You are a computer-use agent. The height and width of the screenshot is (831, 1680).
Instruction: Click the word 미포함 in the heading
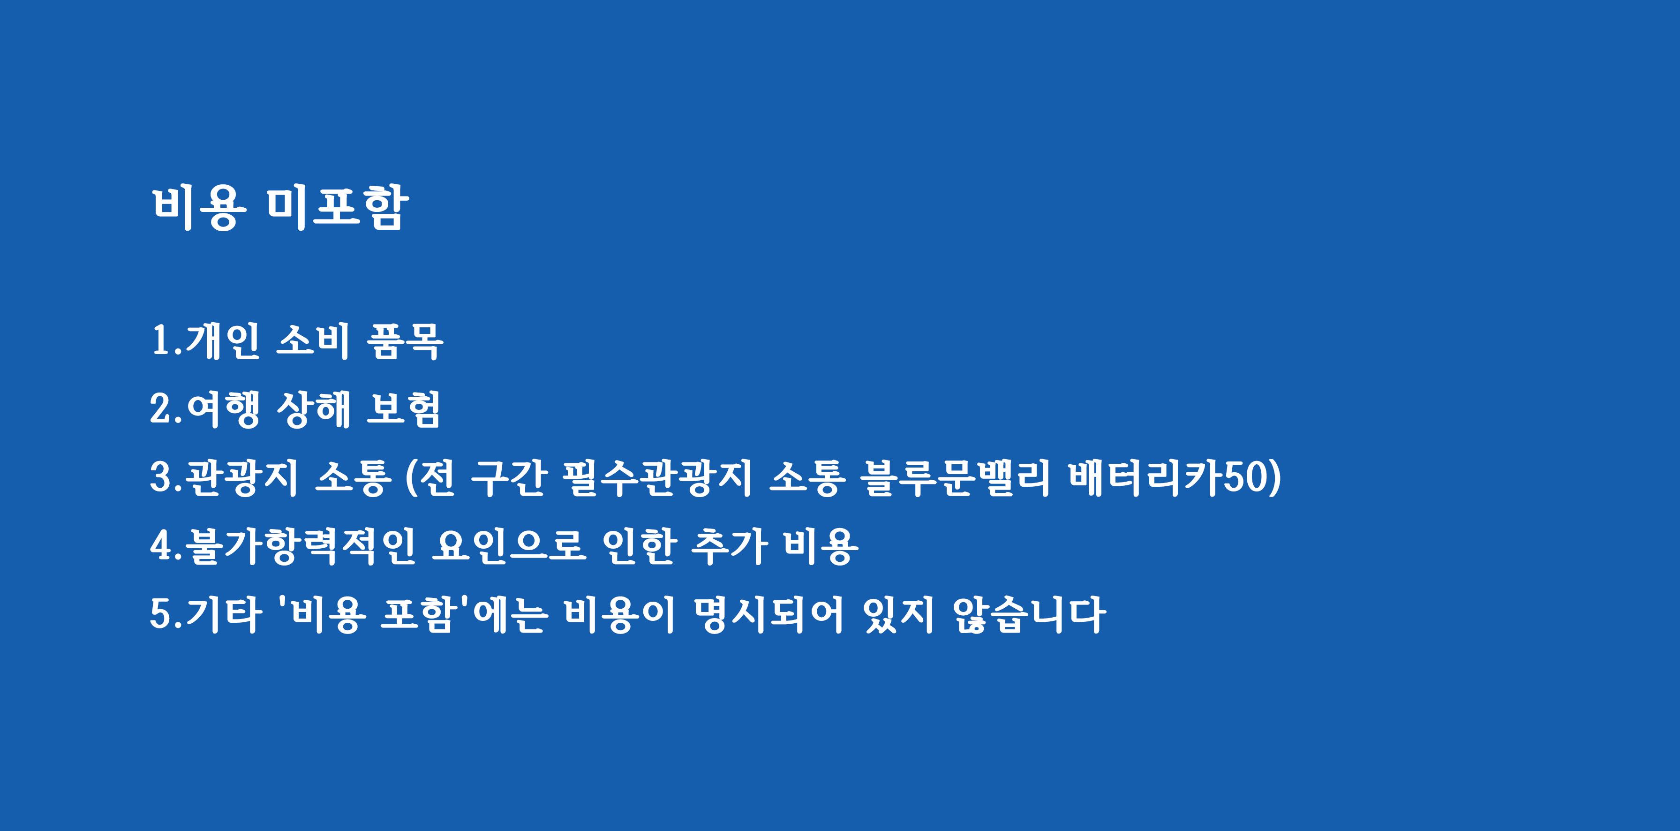pos(337,207)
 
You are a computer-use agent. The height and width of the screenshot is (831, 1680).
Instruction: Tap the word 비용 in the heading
pos(199,207)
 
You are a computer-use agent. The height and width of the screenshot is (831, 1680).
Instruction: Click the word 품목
pos(405,340)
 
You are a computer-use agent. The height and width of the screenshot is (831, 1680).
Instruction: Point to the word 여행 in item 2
pos(223,409)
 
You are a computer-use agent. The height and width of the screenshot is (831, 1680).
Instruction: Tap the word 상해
pos(314,409)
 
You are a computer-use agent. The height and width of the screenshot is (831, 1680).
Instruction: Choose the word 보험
pos(404,409)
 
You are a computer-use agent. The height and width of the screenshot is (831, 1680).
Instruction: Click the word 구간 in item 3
pos(507,477)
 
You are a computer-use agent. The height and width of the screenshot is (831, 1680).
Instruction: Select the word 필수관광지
pos(657,477)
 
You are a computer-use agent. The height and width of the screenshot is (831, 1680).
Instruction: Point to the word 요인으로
pos(509,546)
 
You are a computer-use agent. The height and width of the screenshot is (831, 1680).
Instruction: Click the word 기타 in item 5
pos(224,614)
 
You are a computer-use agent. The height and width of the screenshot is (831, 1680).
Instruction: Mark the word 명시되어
pos(768,614)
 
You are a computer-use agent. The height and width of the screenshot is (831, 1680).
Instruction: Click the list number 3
pos(160,477)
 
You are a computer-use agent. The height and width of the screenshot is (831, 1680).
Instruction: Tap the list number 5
pos(160,614)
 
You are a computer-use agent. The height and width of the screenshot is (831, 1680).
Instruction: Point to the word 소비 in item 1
pos(314,340)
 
